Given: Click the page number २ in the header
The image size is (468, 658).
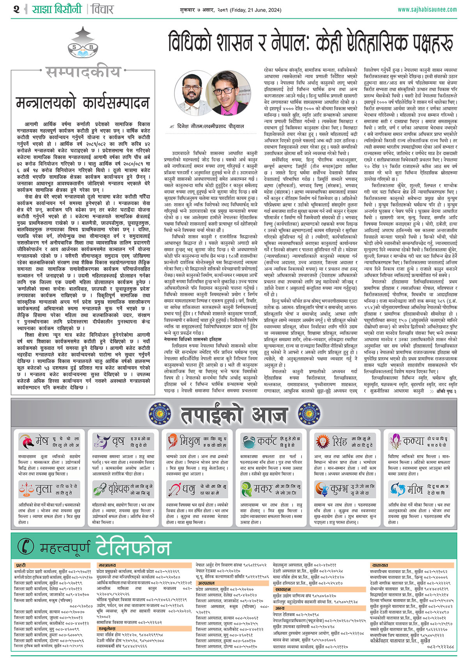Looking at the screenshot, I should click(x=16, y=9).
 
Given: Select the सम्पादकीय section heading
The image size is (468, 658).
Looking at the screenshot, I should click(x=83, y=72).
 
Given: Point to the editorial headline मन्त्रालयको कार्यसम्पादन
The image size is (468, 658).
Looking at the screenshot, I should click(x=83, y=103).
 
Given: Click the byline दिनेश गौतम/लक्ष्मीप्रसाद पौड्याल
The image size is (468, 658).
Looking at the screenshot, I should click(x=210, y=126).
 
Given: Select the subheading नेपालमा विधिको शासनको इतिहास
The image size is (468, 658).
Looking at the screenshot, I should click(x=193, y=339).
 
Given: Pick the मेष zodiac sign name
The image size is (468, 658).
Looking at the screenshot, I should click(x=42, y=441).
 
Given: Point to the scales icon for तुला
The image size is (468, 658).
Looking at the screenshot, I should click(x=26, y=489).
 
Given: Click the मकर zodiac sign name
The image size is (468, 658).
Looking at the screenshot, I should click(x=263, y=489).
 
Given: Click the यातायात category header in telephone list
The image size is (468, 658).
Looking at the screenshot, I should click(x=380, y=565).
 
